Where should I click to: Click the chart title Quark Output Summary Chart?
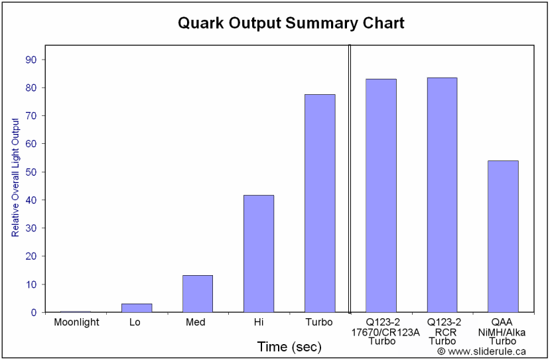pos(291,23)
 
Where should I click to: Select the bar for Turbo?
pos(320,203)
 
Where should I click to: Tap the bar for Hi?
pos(259,253)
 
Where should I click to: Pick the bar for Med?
pos(198,293)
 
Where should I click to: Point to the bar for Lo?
pos(137,308)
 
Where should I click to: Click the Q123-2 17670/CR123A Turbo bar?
pos(381,196)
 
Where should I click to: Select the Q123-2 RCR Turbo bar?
pos(442,195)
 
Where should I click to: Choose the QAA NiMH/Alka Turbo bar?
pos(503,236)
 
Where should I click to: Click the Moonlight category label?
pos(76,322)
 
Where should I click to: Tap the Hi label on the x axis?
pos(259,322)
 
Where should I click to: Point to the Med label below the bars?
pos(197,322)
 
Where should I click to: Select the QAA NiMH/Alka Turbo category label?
pos(503,331)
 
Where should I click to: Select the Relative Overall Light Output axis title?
pos(15,177)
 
